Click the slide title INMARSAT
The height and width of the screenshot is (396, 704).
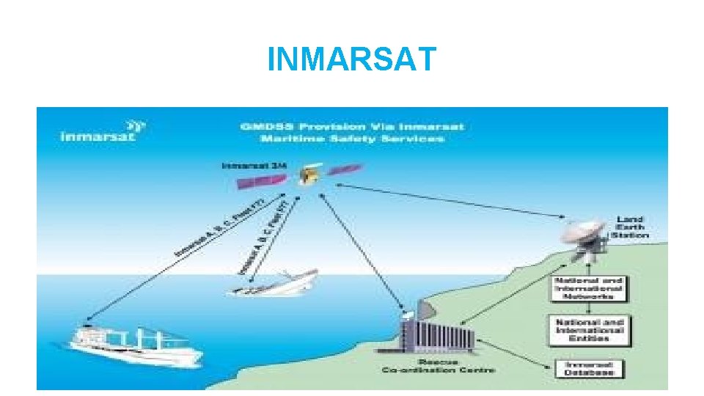[x=352, y=59]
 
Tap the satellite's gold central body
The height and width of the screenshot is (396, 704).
[x=310, y=175]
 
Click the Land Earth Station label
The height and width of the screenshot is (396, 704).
[x=631, y=227]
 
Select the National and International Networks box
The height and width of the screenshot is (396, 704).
[x=589, y=289]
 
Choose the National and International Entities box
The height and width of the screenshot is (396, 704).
[x=589, y=330]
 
